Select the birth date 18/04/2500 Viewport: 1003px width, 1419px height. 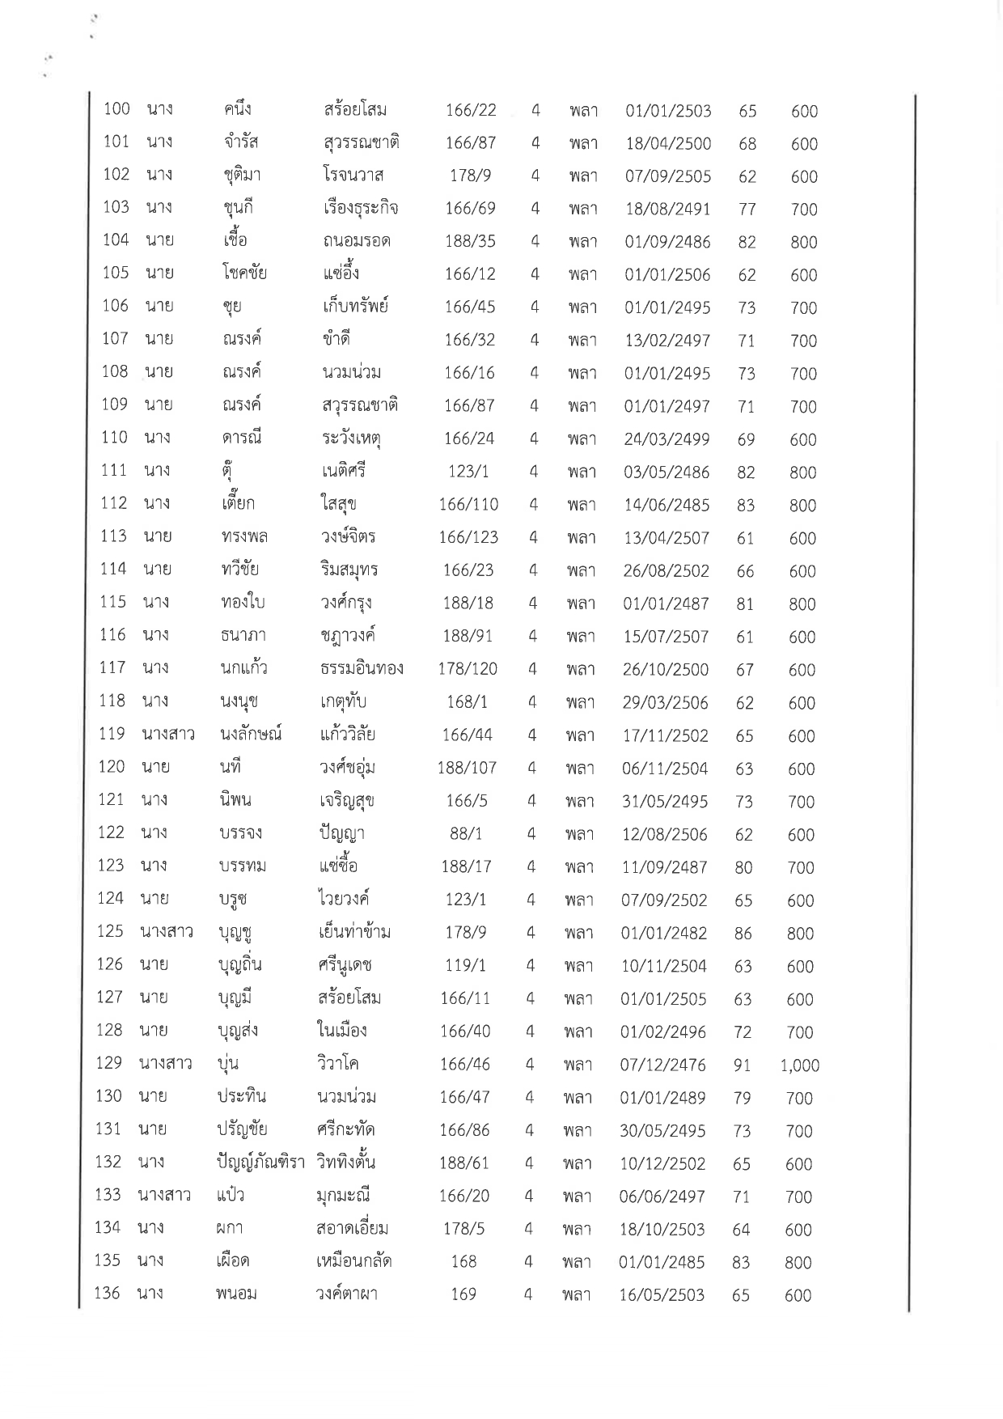(x=668, y=144)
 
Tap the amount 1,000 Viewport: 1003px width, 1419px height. (x=800, y=1065)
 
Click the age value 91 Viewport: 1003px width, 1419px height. (x=742, y=1065)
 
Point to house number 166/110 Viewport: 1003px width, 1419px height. (x=469, y=505)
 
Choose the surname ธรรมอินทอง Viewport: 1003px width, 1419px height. (x=362, y=669)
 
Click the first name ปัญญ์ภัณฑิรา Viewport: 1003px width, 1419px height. (x=260, y=1163)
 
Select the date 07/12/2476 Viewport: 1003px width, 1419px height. (x=662, y=1065)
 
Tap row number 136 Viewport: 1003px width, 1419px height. (x=108, y=1294)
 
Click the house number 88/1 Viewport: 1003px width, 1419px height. (x=465, y=834)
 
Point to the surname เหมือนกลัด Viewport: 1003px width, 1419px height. (x=354, y=1261)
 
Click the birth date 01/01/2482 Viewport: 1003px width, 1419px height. (x=664, y=933)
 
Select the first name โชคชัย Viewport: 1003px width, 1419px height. (x=244, y=273)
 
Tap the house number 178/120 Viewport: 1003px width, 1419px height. (x=468, y=669)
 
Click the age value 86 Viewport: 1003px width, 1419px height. (x=743, y=934)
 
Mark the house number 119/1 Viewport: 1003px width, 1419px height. (x=465, y=966)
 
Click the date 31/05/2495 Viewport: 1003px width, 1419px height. (x=665, y=802)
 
